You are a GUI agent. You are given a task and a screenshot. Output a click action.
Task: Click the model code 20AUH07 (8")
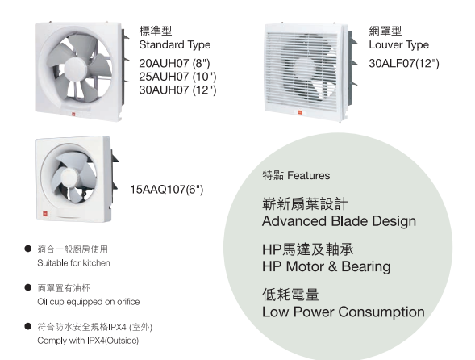[174, 64]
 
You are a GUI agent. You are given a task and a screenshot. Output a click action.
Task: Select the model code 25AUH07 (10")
[177, 77]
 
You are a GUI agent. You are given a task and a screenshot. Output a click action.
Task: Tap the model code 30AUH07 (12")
[177, 90]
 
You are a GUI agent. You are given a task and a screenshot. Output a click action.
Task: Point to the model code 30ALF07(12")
[404, 64]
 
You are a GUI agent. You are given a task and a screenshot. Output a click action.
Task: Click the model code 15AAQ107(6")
[167, 190]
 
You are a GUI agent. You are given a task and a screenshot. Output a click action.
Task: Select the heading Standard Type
[175, 45]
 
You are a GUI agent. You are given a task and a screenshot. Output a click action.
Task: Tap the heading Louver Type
[398, 45]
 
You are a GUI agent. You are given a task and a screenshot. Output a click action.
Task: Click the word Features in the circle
[309, 176]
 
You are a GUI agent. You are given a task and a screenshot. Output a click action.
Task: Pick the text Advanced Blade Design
[339, 221]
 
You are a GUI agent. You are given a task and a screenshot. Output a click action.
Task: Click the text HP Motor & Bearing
[327, 266]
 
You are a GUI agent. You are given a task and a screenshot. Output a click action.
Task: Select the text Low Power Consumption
[344, 312]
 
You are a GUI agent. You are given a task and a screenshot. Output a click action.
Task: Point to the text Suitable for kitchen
[73, 263]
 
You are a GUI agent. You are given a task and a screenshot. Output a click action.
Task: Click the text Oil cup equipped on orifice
[89, 302]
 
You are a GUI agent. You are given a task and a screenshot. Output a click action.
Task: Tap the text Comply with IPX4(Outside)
[88, 341]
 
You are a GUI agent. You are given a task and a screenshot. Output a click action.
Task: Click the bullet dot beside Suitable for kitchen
[28, 249]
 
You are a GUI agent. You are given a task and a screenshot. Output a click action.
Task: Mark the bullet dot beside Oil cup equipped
[28, 287]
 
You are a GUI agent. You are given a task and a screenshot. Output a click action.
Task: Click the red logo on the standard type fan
[73, 114]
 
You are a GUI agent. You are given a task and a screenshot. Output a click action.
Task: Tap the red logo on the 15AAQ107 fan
[45, 214]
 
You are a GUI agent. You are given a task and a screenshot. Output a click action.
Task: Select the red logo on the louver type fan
[300, 112]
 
